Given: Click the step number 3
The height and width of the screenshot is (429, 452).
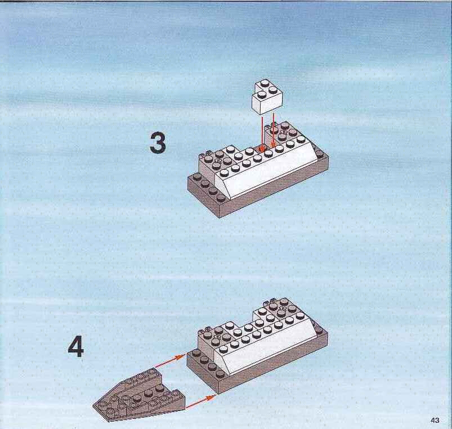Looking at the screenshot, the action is (x=158, y=144).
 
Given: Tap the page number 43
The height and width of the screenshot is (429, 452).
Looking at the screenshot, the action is (x=435, y=420).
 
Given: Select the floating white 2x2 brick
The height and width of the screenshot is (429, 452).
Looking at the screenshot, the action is (x=267, y=98).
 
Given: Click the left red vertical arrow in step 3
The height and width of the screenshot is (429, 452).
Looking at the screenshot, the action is (x=262, y=133).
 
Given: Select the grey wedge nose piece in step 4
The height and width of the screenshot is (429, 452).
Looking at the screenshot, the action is (x=139, y=395).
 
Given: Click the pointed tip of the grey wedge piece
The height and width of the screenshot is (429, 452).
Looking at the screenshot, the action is (x=93, y=407).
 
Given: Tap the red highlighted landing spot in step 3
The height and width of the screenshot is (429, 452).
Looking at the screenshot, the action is (x=262, y=149).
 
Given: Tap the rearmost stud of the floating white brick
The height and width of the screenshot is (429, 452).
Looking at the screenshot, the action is (x=265, y=84).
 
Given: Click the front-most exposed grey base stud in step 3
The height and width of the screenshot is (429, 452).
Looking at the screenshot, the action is (x=221, y=197).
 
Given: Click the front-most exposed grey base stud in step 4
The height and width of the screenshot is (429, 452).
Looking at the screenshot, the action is (x=220, y=373).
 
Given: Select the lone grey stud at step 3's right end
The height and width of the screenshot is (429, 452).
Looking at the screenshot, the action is (x=319, y=152).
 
